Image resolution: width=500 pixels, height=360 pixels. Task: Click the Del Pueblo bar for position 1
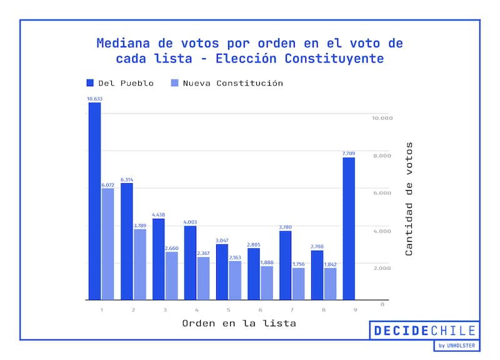[94, 201]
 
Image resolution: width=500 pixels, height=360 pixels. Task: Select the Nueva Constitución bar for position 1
[108, 244]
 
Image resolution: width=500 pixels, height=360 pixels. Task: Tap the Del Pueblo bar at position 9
[349, 229]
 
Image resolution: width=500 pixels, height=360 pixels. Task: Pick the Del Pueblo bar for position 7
[285, 266]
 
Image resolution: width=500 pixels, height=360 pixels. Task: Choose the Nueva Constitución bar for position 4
[203, 279]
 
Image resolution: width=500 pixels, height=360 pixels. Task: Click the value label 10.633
[94, 98]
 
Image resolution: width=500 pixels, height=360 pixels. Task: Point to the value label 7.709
[349, 153]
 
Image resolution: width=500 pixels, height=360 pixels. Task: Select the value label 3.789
[140, 225]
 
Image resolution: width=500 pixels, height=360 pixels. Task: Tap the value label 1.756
[299, 264]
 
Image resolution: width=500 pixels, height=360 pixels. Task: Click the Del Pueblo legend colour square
[90, 83]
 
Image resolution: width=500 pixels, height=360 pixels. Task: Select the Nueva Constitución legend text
[232, 83]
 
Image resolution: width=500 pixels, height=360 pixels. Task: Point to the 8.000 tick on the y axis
[382, 156]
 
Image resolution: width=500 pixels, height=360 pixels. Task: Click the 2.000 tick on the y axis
[382, 268]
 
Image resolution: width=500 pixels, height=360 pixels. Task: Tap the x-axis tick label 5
[228, 309]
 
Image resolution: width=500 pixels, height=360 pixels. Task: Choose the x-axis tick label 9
[355, 309]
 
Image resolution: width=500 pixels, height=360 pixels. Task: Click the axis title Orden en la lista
[239, 324]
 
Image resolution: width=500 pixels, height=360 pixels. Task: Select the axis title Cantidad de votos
[409, 199]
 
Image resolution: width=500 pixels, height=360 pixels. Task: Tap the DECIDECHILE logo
[424, 331]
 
